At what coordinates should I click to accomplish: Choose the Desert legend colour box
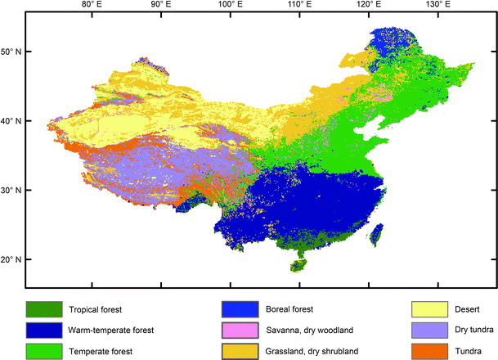429,310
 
